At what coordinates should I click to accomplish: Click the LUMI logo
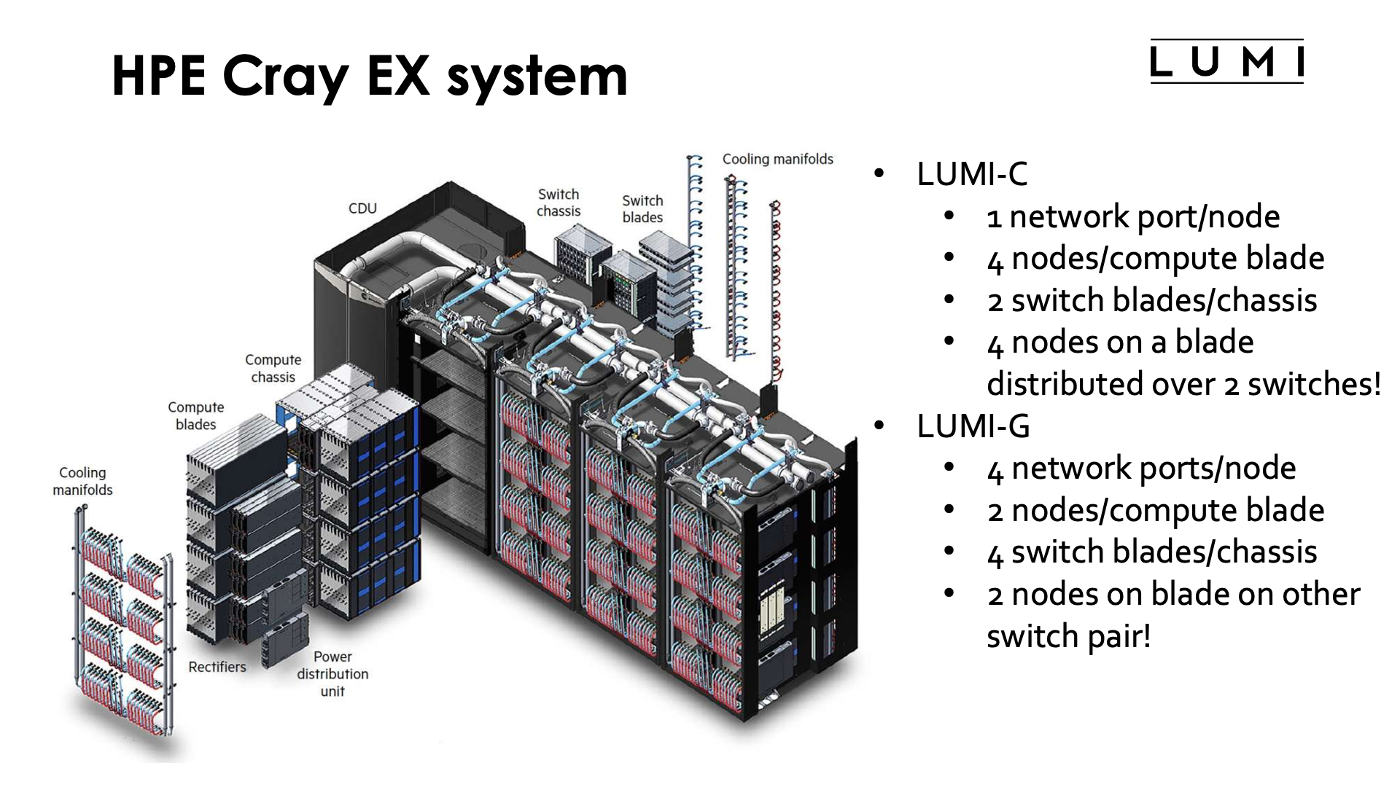tap(1226, 62)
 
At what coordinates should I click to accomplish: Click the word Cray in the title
tap(284, 77)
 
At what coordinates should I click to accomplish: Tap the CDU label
tap(362, 208)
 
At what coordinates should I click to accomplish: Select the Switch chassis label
tap(559, 203)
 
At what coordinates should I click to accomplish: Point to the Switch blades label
tap(642, 209)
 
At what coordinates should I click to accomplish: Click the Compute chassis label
tap(273, 368)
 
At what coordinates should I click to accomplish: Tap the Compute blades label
tap(195, 415)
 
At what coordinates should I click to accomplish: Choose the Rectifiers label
tap(217, 667)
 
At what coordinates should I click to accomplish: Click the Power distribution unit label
tap(332, 674)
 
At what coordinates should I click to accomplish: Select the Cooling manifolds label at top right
tap(777, 159)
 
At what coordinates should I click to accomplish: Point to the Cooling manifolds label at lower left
tap(82, 481)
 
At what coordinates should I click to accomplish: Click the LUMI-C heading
tap(972, 174)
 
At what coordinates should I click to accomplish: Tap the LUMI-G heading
tap(973, 426)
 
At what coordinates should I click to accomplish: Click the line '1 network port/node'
tap(1133, 216)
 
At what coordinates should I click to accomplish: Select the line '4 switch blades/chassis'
tap(1152, 552)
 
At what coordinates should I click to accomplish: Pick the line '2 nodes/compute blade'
tap(1156, 510)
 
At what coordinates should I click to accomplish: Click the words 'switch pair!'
tap(1069, 636)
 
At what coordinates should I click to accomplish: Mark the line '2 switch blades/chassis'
tap(1152, 300)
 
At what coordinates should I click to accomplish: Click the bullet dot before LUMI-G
tap(879, 426)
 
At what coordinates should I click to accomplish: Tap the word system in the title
tap(537, 77)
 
